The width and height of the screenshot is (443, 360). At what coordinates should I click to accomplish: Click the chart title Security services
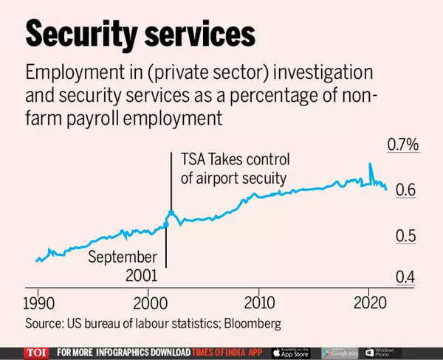141,34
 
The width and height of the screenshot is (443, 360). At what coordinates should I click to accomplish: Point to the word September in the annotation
123,257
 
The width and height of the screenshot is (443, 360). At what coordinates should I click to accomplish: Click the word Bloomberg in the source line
253,323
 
